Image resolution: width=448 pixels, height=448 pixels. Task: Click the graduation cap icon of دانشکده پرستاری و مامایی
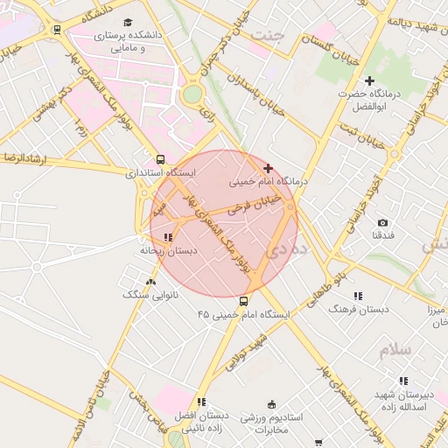point(129,22)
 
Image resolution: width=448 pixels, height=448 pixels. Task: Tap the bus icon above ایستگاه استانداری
point(159,159)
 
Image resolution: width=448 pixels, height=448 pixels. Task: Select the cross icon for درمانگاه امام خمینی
point(268,168)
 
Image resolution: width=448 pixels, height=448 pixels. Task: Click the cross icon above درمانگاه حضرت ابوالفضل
point(369,80)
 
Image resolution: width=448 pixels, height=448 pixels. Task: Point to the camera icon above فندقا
point(382,223)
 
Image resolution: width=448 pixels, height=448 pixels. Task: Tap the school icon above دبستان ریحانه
point(168,236)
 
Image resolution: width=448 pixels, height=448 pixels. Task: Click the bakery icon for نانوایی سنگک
point(151,282)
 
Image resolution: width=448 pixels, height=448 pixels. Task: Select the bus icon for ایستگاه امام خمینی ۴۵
point(243,300)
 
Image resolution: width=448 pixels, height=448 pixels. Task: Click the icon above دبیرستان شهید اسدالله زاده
point(402,381)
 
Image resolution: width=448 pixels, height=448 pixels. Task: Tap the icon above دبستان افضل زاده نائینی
point(201,402)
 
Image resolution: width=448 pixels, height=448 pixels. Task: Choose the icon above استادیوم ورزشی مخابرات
point(271,404)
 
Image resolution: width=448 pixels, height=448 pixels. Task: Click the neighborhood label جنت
point(268,34)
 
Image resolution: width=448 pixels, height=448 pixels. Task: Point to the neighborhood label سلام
point(395,349)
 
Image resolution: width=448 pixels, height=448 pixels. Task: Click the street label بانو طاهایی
point(325,286)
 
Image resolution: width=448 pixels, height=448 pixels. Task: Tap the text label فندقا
point(382,236)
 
